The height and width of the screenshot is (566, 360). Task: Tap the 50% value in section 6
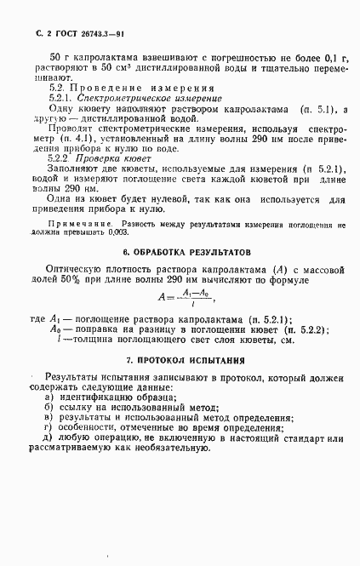tap(78, 282)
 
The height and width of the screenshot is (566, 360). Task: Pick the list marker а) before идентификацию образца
tap(52, 398)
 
